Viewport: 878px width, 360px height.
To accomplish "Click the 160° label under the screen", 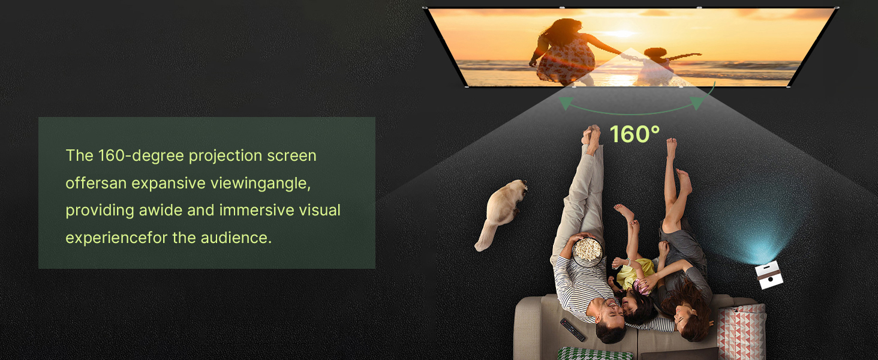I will pyautogui.click(x=635, y=134).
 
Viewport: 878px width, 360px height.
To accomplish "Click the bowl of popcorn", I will pyautogui.click(x=587, y=249).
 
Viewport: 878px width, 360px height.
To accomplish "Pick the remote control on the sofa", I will pyautogui.click(x=572, y=330).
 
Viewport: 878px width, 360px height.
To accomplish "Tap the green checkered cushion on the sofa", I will pyautogui.click(x=595, y=353).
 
